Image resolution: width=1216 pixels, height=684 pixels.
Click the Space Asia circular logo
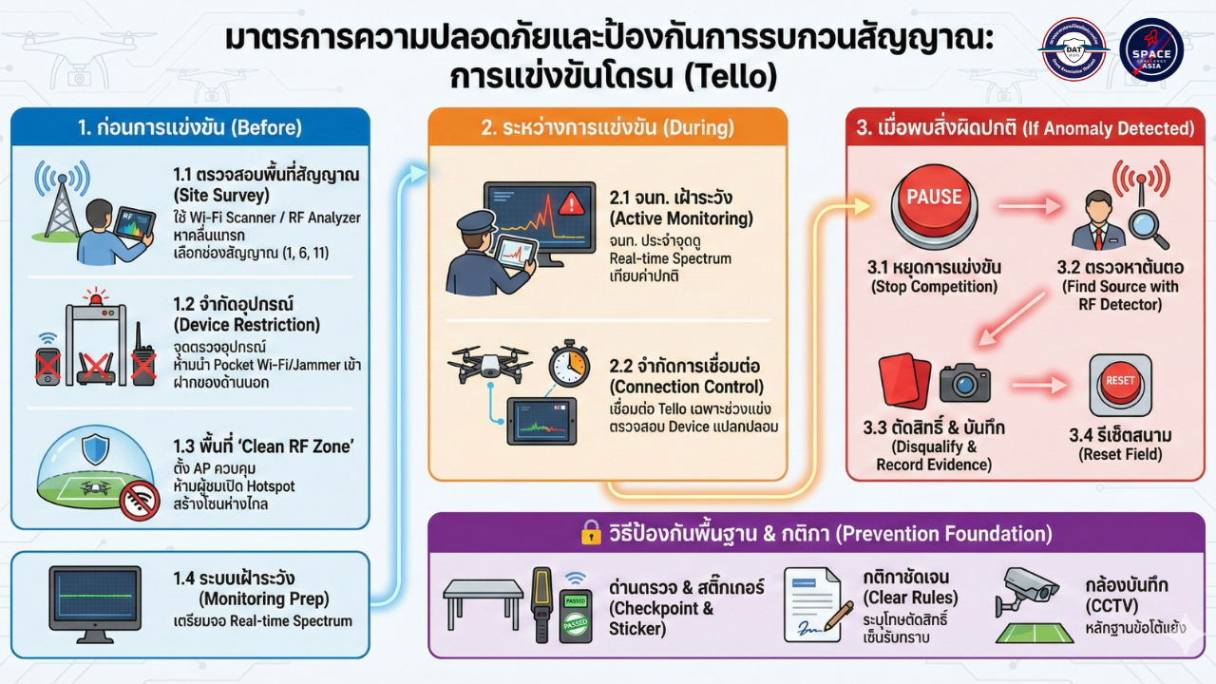(x=1151, y=49)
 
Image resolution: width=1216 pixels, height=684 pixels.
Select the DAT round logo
(x=1073, y=49)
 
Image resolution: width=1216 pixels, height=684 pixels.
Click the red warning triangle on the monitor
(x=571, y=202)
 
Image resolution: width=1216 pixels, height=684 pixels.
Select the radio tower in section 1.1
(x=62, y=202)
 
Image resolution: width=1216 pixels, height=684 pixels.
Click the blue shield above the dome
(x=95, y=447)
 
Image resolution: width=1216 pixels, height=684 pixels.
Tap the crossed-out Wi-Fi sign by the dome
(x=140, y=501)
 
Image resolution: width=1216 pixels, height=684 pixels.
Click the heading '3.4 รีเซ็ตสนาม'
(x=1120, y=435)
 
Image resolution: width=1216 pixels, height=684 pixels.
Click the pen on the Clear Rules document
(x=837, y=616)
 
